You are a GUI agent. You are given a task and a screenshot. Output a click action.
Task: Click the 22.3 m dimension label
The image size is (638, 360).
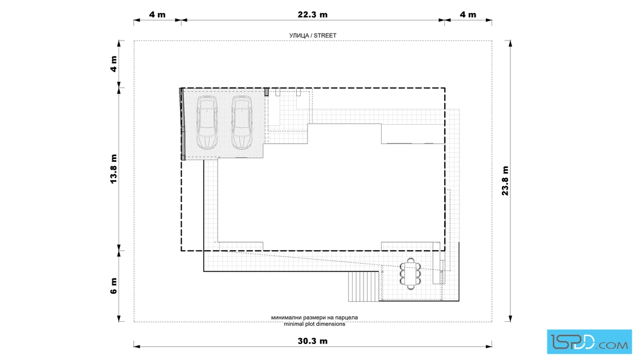pos(313,15)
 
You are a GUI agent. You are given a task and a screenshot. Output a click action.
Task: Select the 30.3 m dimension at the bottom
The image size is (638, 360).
pos(313,341)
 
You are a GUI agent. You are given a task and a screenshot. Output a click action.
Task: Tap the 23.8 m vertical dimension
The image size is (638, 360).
pos(505,181)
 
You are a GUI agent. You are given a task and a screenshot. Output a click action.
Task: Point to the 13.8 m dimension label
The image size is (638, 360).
pos(113,169)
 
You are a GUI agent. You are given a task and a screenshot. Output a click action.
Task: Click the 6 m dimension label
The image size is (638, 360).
pos(113,286)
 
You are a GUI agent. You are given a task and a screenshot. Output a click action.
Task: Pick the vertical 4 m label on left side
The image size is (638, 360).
pos(113,64)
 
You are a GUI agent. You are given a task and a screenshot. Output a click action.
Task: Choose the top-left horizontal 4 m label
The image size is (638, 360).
pos(157,15)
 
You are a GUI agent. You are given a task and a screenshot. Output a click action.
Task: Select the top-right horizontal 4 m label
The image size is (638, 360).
pos(468,15)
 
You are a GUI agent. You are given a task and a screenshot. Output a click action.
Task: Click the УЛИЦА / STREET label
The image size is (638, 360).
pos(313,35)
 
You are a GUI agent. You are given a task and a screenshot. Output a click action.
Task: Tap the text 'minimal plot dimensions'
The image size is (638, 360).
pos(314,324)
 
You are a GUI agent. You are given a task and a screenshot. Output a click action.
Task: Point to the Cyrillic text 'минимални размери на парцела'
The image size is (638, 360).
pos(314,317)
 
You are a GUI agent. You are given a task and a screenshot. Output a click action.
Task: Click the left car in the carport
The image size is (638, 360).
pos(207,122)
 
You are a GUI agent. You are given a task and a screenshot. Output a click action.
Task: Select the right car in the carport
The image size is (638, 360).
pos(242,122)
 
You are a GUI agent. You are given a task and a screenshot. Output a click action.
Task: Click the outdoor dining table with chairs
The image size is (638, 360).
pos(411,273)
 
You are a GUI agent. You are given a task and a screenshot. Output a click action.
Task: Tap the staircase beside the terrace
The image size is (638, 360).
pos(363,287)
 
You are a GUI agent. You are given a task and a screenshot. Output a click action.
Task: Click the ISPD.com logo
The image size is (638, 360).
pos(589,342)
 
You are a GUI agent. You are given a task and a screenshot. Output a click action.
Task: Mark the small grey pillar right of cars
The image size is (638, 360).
pos(267,92)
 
